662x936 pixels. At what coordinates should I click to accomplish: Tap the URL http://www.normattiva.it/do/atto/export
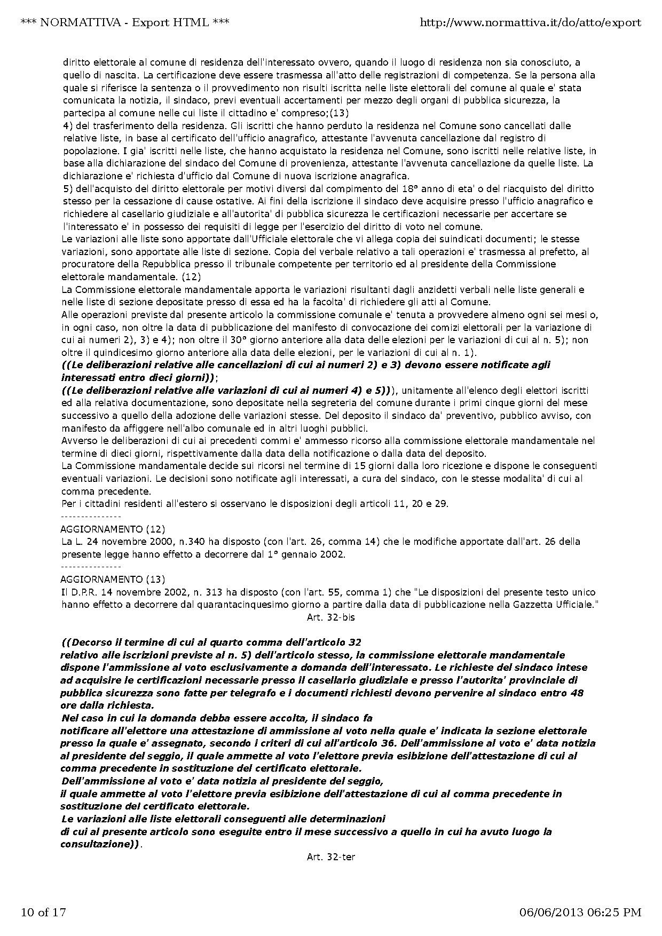coord(531,22)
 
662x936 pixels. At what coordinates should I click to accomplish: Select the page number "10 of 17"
coord(43,912)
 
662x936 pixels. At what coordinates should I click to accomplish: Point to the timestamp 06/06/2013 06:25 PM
coord(580,912)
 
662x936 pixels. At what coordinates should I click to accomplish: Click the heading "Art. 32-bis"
coord(331,617)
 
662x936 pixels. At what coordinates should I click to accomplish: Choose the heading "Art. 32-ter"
coord(331,857)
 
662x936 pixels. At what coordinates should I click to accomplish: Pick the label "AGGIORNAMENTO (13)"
coord(113,580)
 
